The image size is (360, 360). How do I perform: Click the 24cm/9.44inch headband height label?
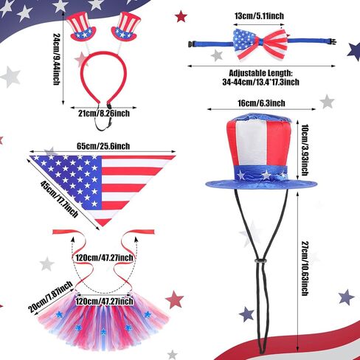[57, 59]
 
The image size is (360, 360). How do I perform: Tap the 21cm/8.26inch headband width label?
[104, 114]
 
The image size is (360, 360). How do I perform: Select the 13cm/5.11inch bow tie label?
[259, 16]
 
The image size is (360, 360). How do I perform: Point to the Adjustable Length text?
[260, 73]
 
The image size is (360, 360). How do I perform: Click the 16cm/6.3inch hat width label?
[261, 103]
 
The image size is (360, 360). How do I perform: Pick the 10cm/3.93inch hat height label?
[305, 150]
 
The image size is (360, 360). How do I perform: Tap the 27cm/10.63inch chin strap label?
[305, 269]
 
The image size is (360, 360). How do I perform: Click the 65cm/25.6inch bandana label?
[103, 146]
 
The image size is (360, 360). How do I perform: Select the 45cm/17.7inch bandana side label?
[59, 199]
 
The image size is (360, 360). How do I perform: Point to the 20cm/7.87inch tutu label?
[51, 297]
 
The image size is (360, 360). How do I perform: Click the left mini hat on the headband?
[81, 27]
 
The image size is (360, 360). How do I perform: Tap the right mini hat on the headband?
[127, 27]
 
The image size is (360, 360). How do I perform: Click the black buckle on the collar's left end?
[191, 44]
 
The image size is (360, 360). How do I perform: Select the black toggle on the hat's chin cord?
[260, 260]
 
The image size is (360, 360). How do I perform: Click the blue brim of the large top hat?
[261, 184]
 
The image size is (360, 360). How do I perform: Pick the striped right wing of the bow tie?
[274, 44]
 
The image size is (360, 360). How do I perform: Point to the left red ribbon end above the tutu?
[62, 232]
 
